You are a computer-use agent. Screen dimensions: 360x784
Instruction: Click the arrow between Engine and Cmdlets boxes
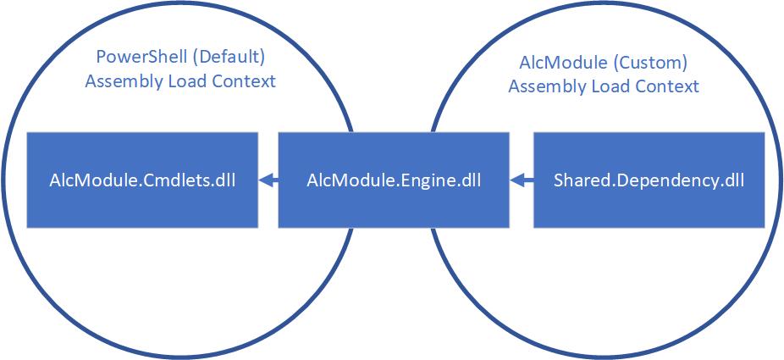coord(268,180)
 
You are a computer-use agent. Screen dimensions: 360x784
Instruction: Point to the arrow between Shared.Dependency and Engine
coord(522,180)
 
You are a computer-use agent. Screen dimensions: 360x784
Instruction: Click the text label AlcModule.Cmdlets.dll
coord(142,180)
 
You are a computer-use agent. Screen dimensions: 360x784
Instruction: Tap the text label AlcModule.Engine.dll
coord(394,180)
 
